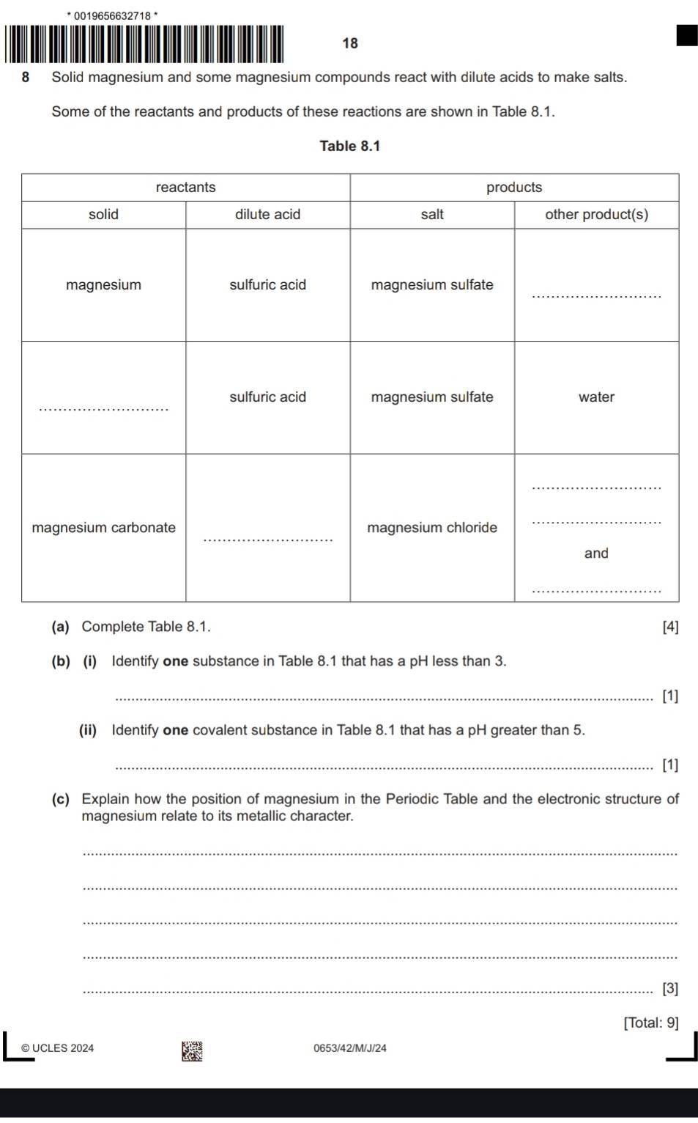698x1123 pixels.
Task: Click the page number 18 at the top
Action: tap(350, 43)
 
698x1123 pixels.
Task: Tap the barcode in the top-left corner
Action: tap(144, 44)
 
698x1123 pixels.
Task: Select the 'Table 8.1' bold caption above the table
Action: tap(350, 146)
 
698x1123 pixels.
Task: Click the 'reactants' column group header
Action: tap(186, 187)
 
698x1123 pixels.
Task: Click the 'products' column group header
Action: tap(514, 187)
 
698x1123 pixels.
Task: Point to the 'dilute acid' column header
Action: tap(267, 214)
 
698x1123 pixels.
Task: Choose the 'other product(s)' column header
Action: tap(596, 214)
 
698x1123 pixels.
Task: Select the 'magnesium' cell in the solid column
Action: tap(103, 284)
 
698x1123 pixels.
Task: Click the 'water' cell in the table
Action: tap(596, 397)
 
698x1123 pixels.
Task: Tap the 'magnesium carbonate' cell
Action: tap(103, 527)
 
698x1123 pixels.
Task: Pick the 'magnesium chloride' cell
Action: tap(432, 527)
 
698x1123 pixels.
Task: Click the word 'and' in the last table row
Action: tap(596, 553)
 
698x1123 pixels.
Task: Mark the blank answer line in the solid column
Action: tap(103, 408)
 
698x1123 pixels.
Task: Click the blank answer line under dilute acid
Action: tap(267, 539)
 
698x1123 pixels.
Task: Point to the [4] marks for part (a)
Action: tap(669, 627)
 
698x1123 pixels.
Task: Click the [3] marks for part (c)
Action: tap(669, 988)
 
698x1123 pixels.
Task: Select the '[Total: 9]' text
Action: tap(650, 1023)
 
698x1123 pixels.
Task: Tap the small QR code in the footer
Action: tap(192, 1051)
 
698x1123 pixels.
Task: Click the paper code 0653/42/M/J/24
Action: tap(350, 1048)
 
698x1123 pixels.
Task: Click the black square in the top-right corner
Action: tap(686, 35)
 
